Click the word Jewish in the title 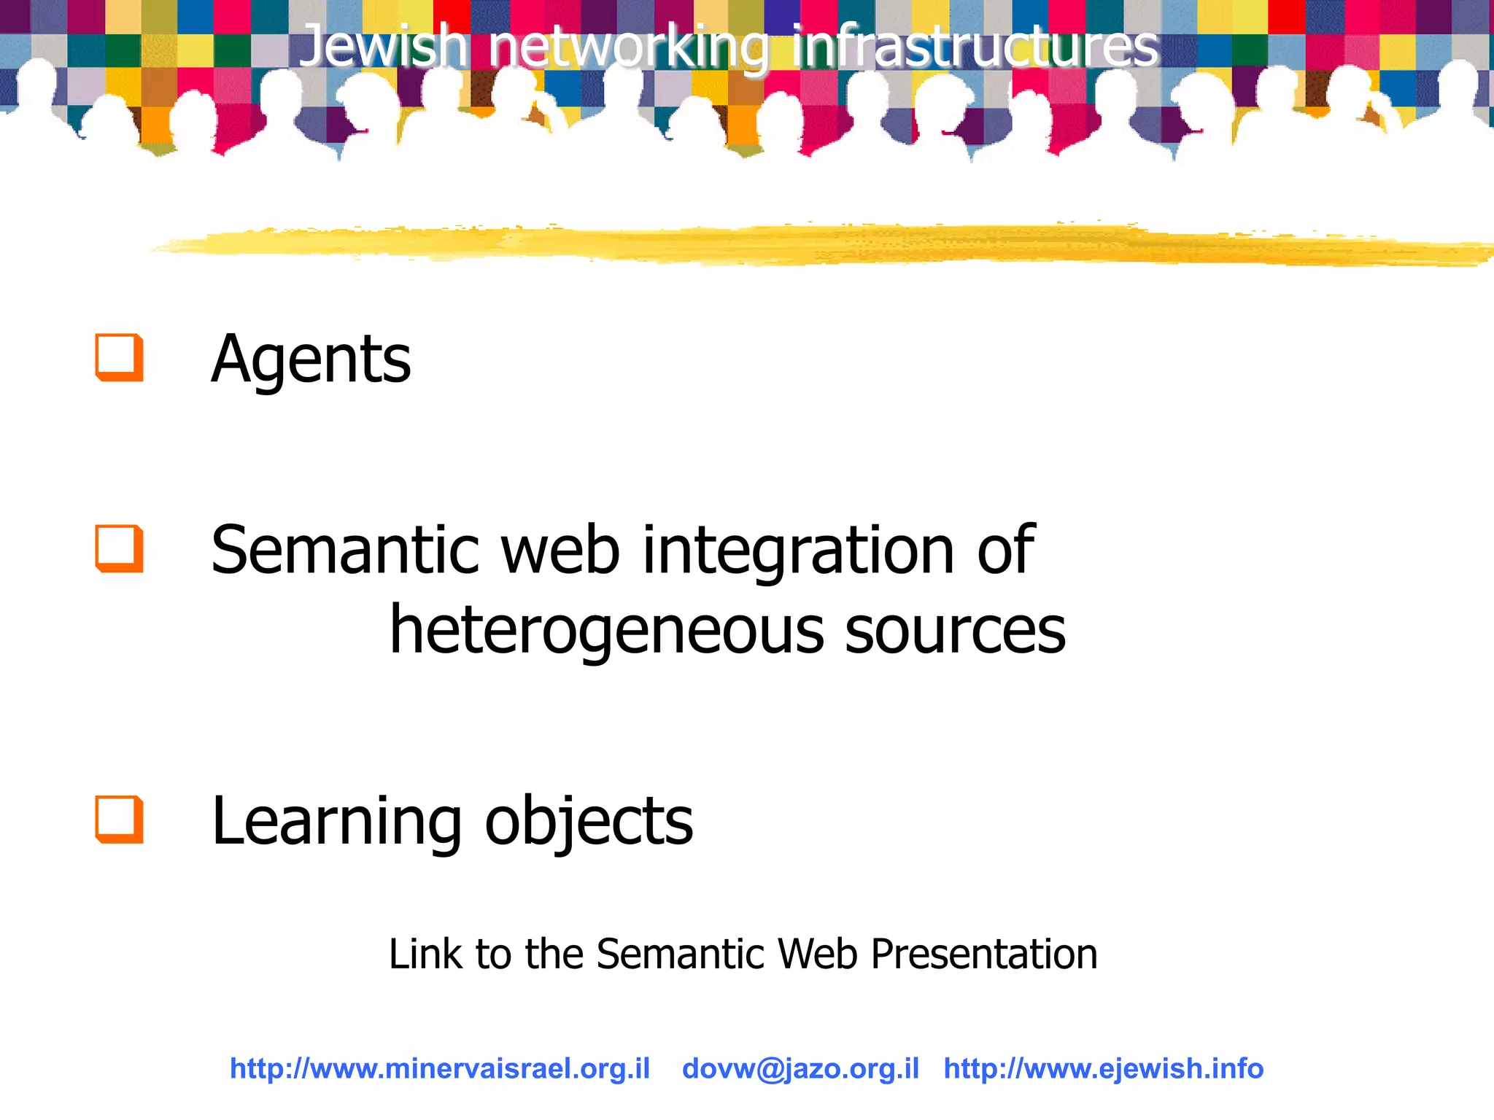[x=384, y=45]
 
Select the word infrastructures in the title [x=975, y=45]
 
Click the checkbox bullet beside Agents [x=119, y=357]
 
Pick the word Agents [x=311, y=359]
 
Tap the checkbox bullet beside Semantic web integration [x=119, y=548]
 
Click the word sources [x=955, y=631]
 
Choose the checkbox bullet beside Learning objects [x=119, y=820]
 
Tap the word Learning [x=336, y=822]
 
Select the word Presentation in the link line [x=984, y=954]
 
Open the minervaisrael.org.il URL [x=440, y=1068]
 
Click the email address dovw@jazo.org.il [x=800, y=1068]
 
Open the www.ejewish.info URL [x=1103, y=1068]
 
